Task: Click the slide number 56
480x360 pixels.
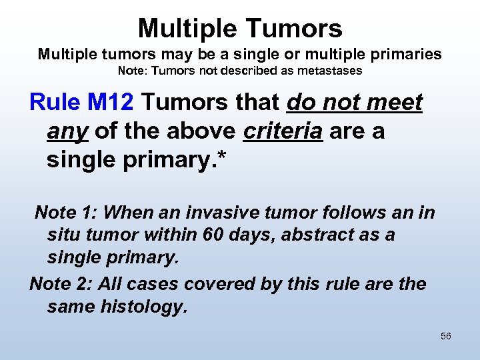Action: coord(446,336)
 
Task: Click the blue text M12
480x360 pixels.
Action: coord(111,103)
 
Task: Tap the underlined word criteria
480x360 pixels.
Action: coord(283,131)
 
